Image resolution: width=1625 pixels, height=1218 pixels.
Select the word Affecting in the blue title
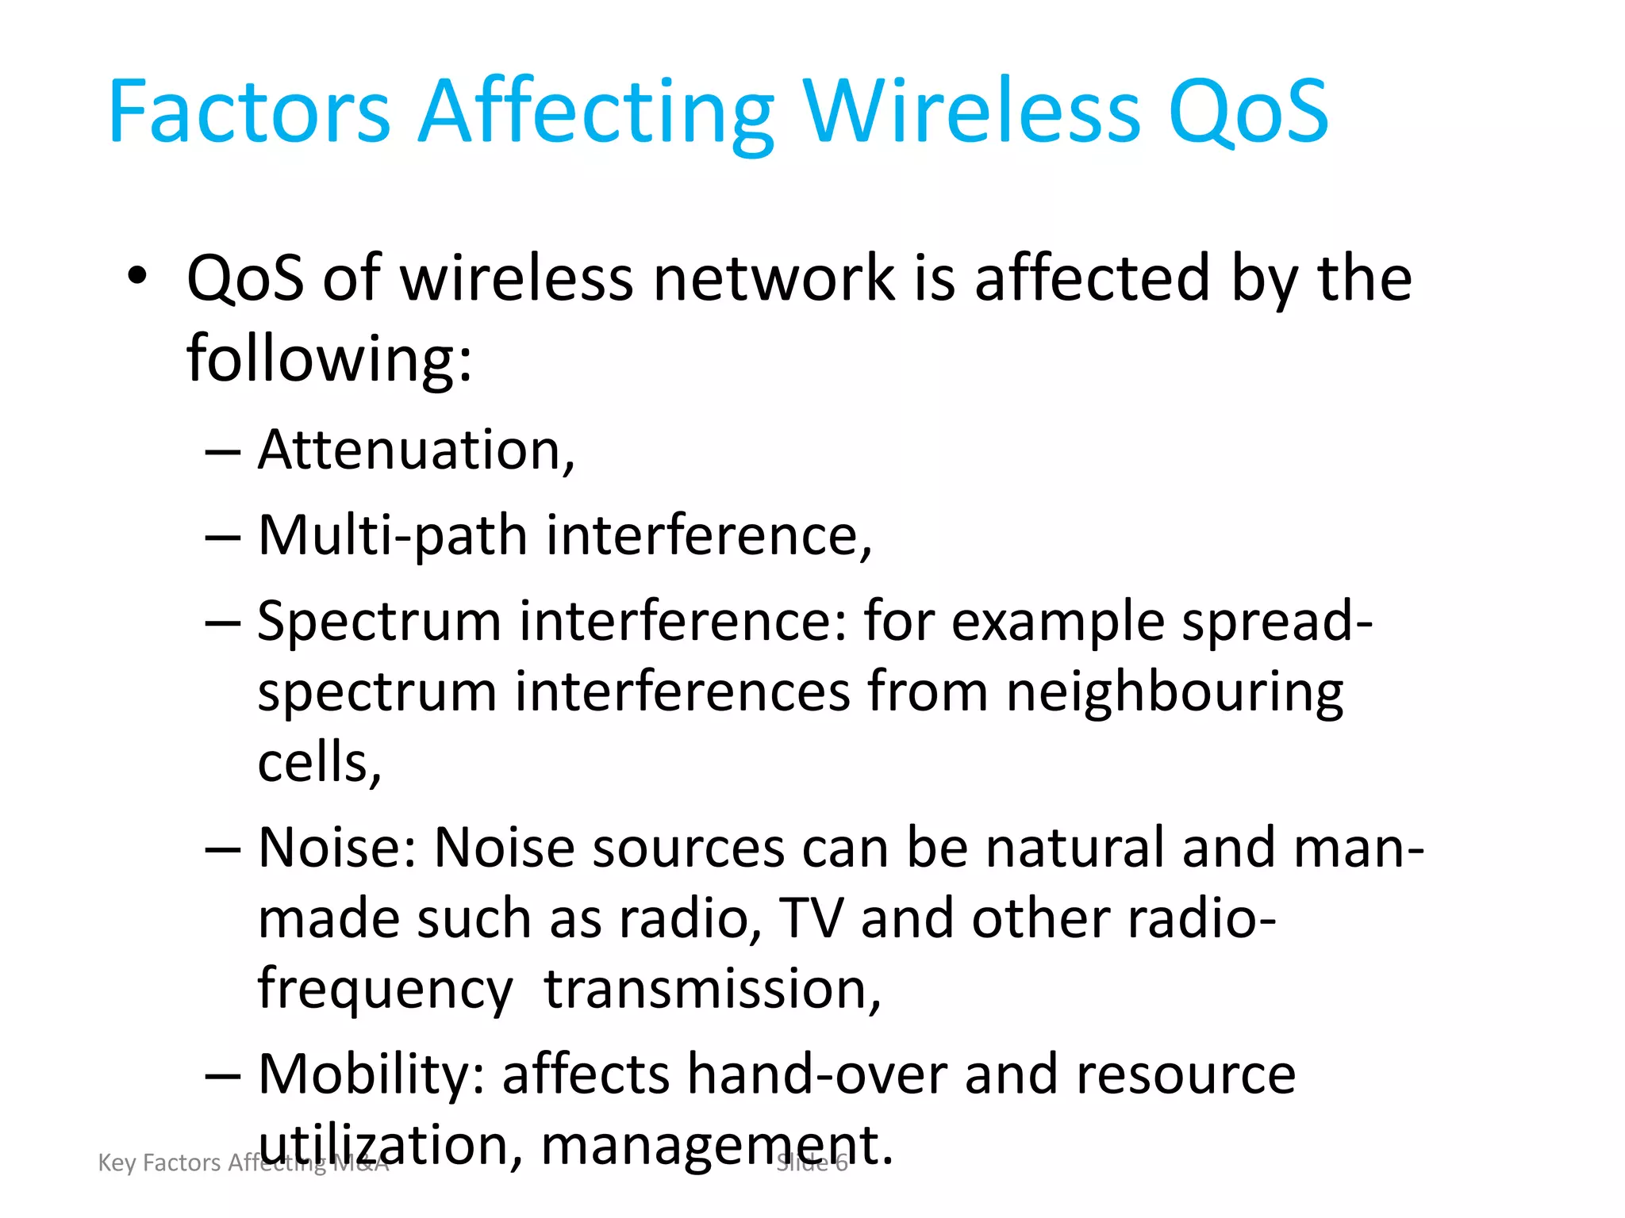(596, 113)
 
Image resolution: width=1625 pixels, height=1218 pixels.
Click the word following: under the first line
(329, 358)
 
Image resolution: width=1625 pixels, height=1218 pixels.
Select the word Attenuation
(415, 450)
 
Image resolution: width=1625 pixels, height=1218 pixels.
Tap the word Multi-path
(393, 536)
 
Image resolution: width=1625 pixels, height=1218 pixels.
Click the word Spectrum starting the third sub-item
(379, 622)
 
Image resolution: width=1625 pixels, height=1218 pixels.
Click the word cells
(317, 761)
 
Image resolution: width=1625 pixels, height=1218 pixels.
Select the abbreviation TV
(811, 918)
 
